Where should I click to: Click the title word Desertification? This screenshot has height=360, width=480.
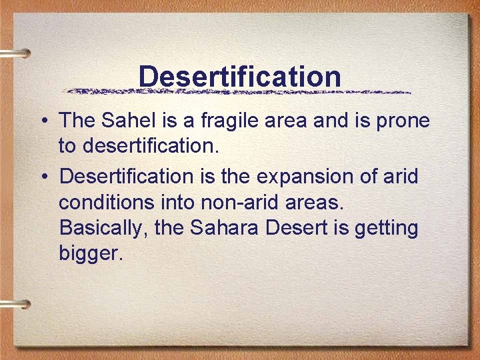tap(240, 76)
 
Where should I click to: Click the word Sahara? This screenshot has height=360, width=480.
tap(225, 227)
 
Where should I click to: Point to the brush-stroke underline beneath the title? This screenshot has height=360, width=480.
tap(240, 91)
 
